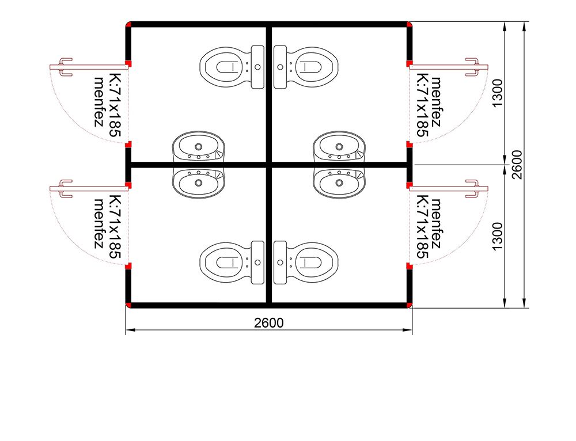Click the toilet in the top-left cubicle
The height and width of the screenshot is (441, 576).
point(232,67)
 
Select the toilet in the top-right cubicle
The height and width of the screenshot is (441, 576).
point(306,67)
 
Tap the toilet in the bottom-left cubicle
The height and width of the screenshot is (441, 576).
point(232,262)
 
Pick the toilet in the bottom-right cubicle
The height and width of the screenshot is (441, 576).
point(306,262)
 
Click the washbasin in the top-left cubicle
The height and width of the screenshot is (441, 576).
point(199,146)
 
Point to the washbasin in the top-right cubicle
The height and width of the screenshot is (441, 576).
point(339,146)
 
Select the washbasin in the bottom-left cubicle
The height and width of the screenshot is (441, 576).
point(199,183)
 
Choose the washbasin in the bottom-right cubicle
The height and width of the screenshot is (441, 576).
point(339,183)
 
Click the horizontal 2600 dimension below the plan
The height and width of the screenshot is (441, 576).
point(269,323)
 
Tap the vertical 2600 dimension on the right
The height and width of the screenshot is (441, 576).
point(517,165)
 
